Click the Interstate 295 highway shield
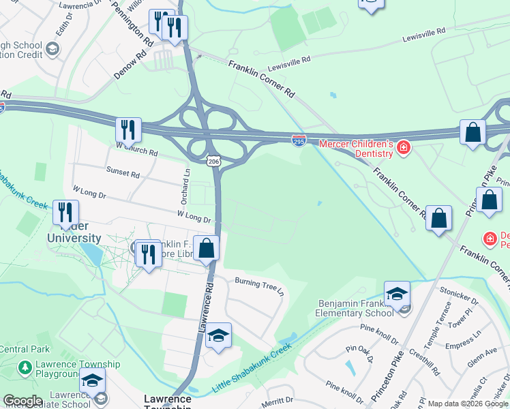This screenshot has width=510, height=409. [x=299, y=140]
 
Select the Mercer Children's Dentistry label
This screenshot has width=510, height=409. [x=357, y=149]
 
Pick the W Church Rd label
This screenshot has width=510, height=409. [x=136, y=149]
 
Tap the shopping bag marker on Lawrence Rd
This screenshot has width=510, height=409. [x=206, y=249]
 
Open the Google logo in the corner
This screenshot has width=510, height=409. [x=22, y=401]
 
